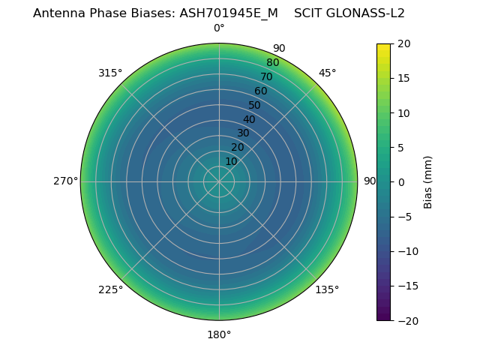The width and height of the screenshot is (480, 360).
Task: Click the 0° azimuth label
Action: [x=219, y=28]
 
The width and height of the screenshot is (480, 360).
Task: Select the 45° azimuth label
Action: [x=328, y=73]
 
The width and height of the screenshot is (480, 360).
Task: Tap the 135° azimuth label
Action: [x=327, y=289]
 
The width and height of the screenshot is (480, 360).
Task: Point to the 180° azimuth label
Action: [x=219, y=334]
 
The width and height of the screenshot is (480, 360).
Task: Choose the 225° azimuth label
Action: [x=110, y=289]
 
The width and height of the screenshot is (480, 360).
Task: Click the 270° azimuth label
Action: [x=65, y=181]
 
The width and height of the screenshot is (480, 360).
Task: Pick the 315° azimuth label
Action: [x=110, y=73]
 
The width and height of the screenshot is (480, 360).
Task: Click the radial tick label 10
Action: [x=231, y=161]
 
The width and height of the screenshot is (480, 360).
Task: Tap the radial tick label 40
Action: [x=249, y=119]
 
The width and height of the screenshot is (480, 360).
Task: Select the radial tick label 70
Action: [x=266, y=76]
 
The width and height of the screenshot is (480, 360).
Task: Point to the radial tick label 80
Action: [x=272, y=62]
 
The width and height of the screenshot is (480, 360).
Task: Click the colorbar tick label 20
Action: [x=403, y=43]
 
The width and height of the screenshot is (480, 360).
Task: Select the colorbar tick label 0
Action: [x=400, y=181]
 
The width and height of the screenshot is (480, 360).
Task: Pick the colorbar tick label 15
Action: [x=403, y=78]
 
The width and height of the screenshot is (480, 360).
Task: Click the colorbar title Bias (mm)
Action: [x=428, y=181]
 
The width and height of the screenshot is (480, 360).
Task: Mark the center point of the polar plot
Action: [x=219, y=181]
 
